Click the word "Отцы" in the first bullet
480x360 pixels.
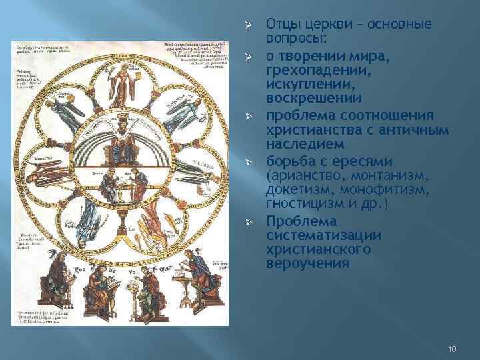[x=281, y=25]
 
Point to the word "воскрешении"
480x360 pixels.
[x=305, y=98]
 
